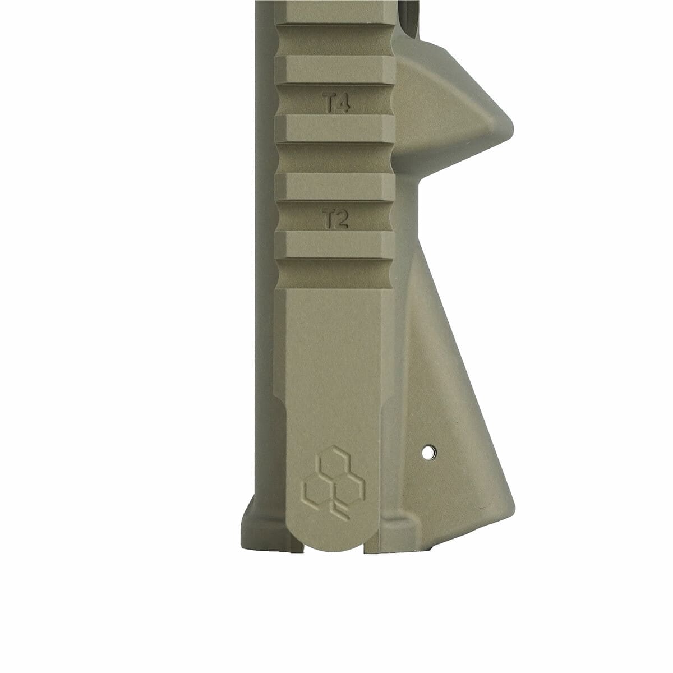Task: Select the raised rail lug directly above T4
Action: pos(335,70)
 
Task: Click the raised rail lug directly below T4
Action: pos(335,128)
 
